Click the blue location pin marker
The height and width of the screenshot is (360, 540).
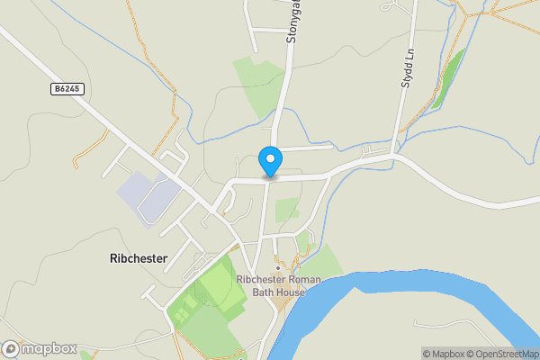click(x=269, y=161)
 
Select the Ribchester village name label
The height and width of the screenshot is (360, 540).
click(x=139, y=257)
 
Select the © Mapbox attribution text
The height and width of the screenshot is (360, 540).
click(x=450, y=354)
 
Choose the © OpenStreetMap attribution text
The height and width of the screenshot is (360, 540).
click(x=509, y=354)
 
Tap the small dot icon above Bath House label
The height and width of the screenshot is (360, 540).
click(x=278, y=267)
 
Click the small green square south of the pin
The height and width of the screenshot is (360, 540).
click(x=287, y=210)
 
